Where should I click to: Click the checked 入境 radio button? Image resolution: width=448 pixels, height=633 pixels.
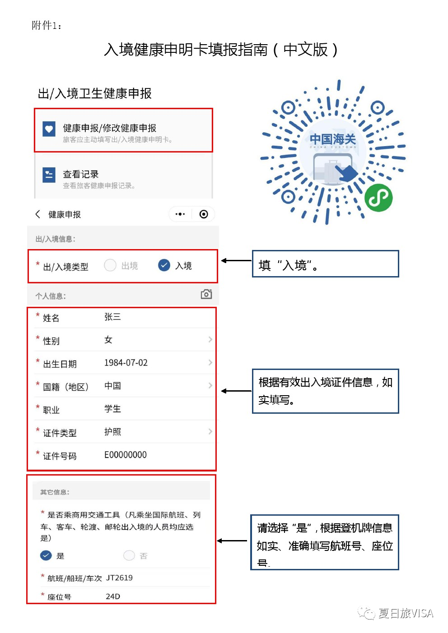click(164, 265)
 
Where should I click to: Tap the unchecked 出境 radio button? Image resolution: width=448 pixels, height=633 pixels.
click(110, 265)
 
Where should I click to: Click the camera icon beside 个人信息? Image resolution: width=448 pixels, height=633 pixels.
click(206, 294)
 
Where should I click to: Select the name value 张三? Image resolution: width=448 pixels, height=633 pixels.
click(112, 317)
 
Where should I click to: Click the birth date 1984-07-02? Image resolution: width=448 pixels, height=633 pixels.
click(126, 363)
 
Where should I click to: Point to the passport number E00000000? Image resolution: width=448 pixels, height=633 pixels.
click(125, 455)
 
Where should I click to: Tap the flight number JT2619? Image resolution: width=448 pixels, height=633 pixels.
click(119, 578)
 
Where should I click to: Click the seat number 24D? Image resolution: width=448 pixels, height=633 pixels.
click(113, 596)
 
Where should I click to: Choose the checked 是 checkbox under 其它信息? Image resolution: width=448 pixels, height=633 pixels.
click(46, 555)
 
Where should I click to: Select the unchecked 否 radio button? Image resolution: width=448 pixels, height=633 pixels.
click(129, 555)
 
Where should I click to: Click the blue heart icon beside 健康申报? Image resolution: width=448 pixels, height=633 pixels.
click(49, 129)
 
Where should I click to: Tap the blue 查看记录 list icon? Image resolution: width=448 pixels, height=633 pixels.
click(49, 175)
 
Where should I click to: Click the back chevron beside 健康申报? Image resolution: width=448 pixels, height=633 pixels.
click(38, 214)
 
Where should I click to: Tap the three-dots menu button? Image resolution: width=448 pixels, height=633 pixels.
click(180, 214)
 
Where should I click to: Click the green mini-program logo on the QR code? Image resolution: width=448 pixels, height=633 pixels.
click(378, 198)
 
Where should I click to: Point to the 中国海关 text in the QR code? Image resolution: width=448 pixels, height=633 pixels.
click(333, 139)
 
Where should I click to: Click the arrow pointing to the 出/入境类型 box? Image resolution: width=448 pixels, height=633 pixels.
click(236, 261)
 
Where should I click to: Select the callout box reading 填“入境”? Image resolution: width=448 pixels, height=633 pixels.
click(325, 264)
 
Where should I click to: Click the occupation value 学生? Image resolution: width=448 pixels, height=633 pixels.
click(112, 409)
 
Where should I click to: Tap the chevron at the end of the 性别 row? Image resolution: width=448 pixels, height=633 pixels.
click(210, 339)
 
